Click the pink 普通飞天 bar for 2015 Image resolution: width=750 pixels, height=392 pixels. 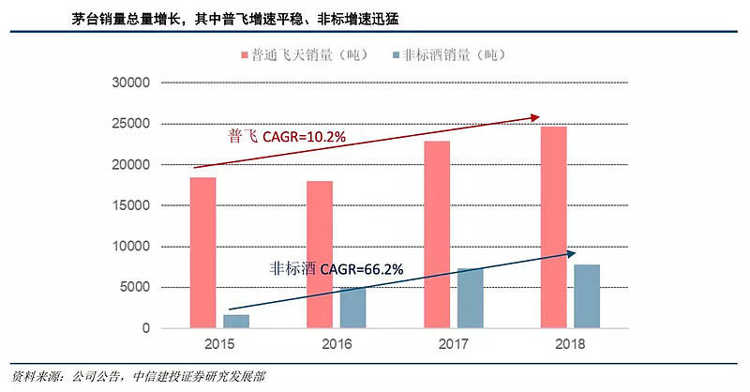[x=203, y=252]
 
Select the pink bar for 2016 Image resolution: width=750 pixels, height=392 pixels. [x=321, y=254]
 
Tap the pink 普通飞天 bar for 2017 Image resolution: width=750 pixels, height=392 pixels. [x=437, y=234]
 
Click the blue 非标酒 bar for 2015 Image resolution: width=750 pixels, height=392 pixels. [x=236, y=321]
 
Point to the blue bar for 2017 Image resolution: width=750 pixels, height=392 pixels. [x=470, y=298]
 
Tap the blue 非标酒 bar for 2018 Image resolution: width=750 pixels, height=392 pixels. [x=587, y=296]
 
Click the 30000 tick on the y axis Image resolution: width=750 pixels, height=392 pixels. [x=129, y=83]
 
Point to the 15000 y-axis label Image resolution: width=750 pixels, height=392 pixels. [x=129, y=205]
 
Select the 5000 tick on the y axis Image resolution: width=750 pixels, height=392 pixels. [x=133, y=287]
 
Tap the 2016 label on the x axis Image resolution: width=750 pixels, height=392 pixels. [x=337, y=344]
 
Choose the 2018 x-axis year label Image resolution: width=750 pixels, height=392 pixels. [x=570, y=344]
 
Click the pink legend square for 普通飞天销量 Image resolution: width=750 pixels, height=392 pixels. [x=244, y=54]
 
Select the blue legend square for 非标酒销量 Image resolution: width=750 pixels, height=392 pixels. [x=395, y=54]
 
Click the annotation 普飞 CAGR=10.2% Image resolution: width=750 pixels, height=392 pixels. [x=287, y=137]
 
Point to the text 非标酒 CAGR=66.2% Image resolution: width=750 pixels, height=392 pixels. [x=335, y=269]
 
